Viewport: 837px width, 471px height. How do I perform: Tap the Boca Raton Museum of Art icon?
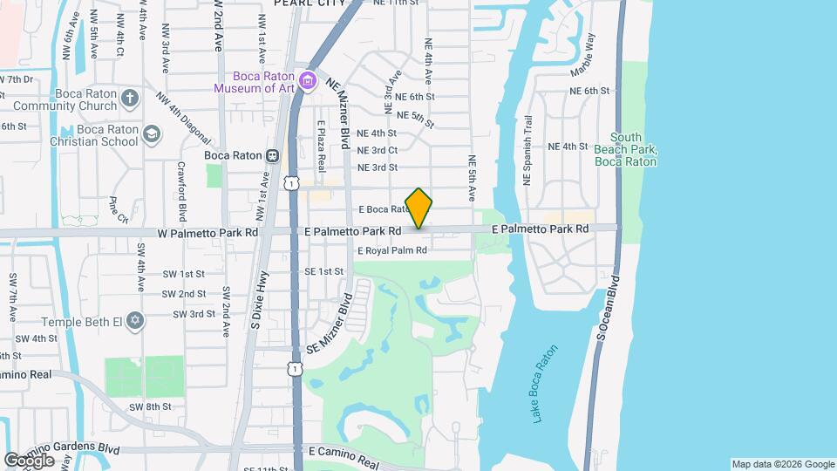click(306, 81)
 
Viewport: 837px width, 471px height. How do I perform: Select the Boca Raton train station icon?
click(272, 155)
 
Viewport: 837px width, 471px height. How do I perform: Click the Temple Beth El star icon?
click(133, 321)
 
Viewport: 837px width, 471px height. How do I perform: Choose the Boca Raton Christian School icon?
click(152, 133)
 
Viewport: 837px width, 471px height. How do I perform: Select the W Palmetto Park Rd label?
click(208, 232)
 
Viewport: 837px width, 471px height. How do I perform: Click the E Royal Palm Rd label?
click(391, 251)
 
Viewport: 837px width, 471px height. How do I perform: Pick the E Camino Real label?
click(344, 451)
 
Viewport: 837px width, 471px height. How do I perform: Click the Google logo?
click(30, 460)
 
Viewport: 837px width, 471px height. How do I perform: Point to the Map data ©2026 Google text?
click(782, 464)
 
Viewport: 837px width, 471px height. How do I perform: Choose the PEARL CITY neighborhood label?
click(309, 3)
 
